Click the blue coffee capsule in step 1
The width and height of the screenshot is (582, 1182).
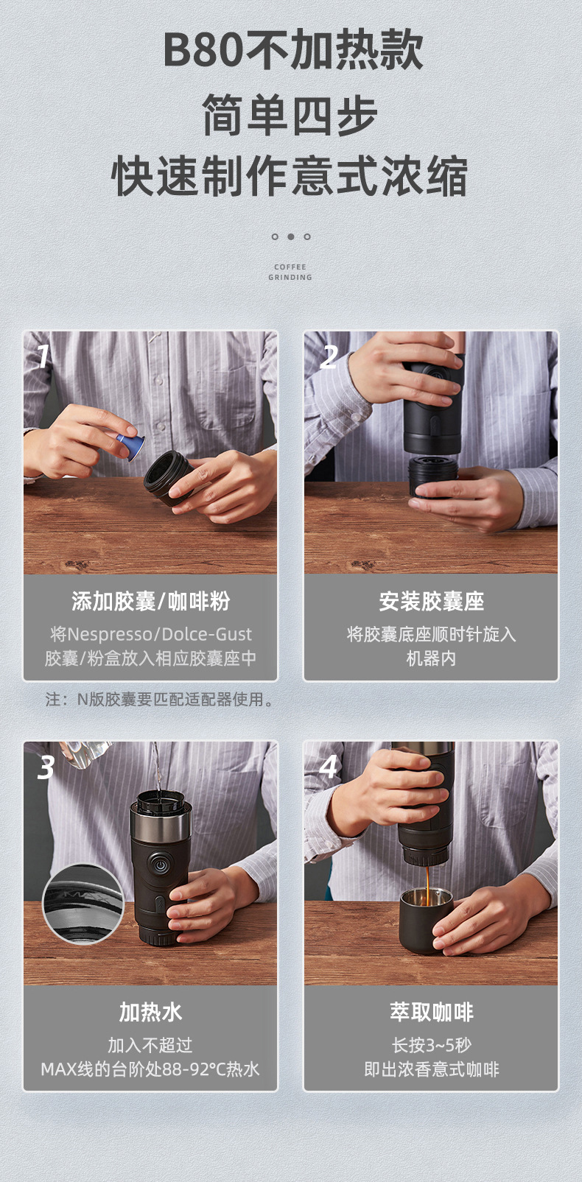(130, 445)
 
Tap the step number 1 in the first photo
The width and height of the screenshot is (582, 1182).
(43, 356)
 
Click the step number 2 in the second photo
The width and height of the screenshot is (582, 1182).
(329, 357)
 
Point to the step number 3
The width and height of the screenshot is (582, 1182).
(46, 767)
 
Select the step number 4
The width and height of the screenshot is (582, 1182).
(329, 767)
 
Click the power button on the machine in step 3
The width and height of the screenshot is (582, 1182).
(159, 862)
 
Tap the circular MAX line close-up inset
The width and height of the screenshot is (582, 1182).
(83, 904)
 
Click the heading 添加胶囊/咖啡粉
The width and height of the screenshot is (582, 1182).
(150, 602)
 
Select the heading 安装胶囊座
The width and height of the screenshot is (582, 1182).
(431, 602)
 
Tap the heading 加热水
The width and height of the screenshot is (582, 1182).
(150, 1013)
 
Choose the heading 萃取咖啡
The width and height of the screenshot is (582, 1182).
(431, 1013)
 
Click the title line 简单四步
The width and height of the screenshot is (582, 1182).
(290, 115)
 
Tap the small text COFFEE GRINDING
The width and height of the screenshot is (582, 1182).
(290, 272)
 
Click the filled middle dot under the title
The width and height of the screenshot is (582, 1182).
(290, 236)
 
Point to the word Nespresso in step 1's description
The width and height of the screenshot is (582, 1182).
(108, 634)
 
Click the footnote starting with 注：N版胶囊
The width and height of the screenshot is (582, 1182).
(160, 699)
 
